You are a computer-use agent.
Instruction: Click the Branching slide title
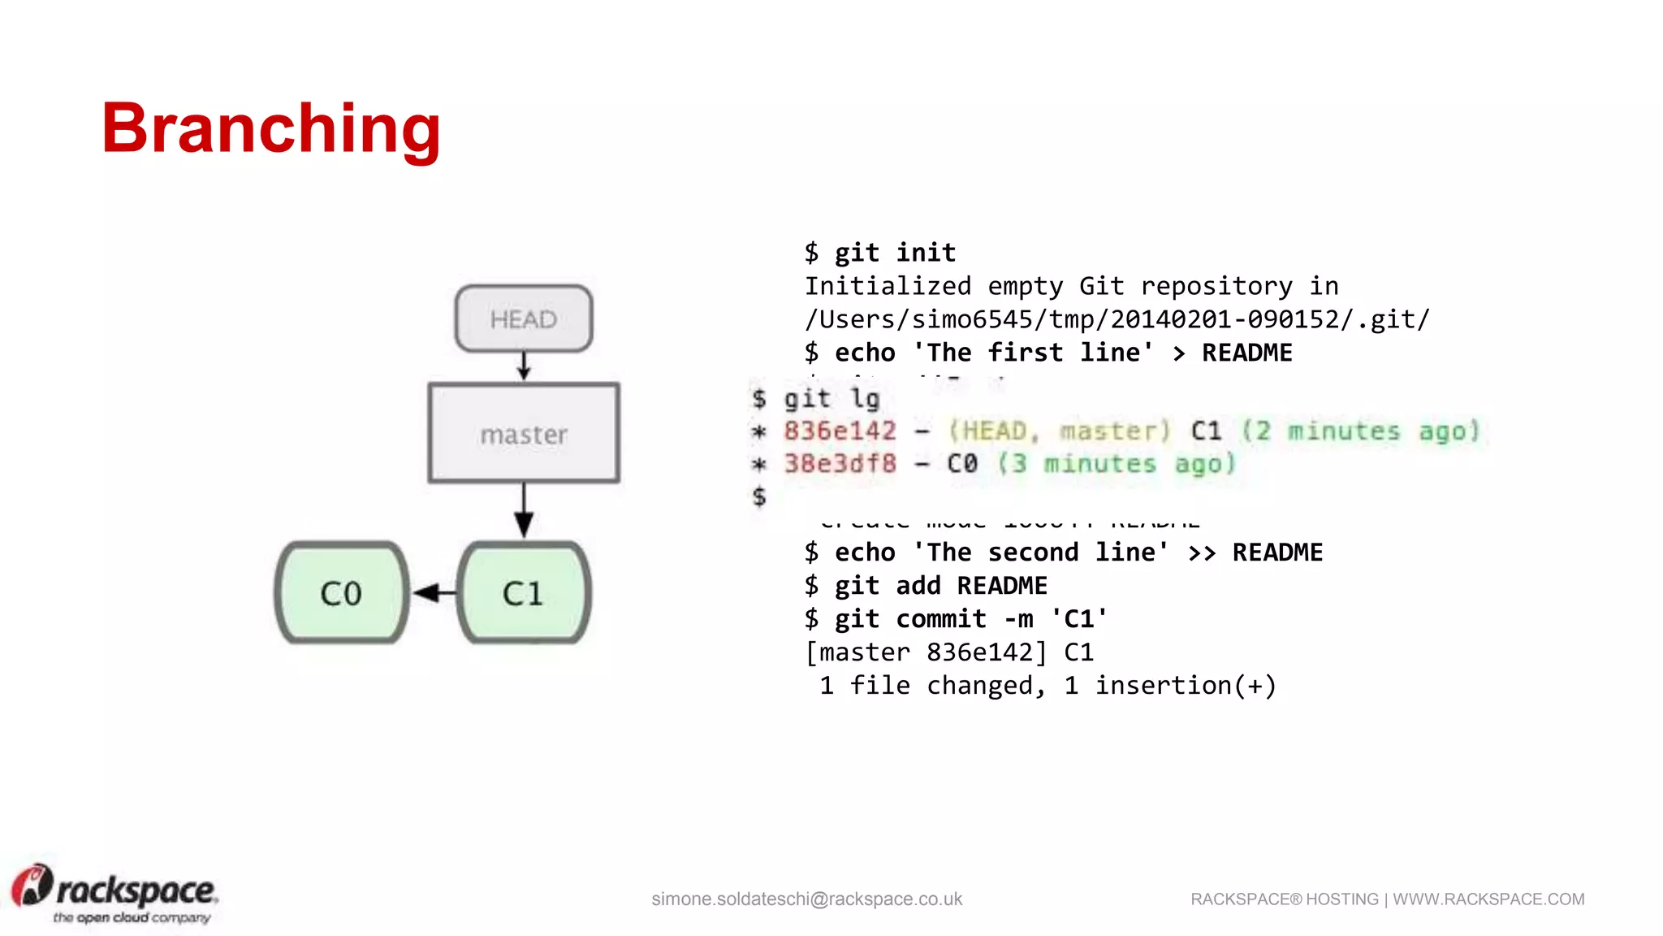[x=270, y=128]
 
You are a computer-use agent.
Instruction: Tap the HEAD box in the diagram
[x=524, y=318]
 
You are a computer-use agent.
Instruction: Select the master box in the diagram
[x=524, y=434]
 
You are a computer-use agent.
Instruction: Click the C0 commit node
[x=341, y=593]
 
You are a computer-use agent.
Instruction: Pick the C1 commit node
[x=523, y=593]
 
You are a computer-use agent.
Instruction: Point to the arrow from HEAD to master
[x=524, y=366]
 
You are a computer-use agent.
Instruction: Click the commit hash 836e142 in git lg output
[x=840, y=431]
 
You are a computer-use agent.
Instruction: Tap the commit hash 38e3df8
[x=840, y=464]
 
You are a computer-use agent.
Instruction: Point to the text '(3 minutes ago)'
[x=1117, y=464]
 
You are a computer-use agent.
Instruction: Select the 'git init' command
[x=895, y=253]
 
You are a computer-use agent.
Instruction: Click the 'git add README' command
[x=940, y=586]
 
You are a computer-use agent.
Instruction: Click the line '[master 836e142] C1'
[x=949, y=652]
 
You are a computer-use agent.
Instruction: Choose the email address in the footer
[x=806, y=899]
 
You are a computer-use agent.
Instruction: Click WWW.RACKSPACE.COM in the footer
[x=1488, y=899]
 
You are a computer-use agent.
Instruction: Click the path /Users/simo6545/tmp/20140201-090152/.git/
[x=1117, y=319]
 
